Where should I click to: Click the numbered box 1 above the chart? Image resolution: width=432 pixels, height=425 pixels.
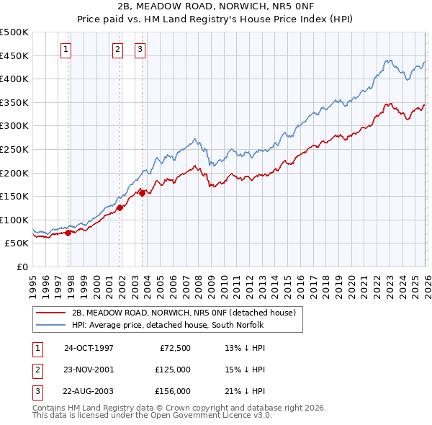click(x=66, y=50)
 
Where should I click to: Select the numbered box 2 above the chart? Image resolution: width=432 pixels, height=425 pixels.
click(x=117, y=50)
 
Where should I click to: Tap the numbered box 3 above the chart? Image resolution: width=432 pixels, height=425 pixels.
click(x=140, y=50)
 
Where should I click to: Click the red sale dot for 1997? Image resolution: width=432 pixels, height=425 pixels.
click(x=68, y=233)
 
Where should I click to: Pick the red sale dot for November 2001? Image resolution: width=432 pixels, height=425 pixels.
click(x=120, y=207)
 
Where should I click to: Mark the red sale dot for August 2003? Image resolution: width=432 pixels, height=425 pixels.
click(x=142, y=193)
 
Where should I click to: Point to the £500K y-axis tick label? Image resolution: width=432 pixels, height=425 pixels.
click(x=14, y=32)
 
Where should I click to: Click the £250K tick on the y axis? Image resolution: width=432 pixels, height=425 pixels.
click(x=14, y=149)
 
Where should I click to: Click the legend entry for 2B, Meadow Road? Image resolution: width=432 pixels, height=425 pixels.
click(x=184, y=313)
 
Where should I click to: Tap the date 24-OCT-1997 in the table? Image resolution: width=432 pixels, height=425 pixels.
click(x=89, y=348)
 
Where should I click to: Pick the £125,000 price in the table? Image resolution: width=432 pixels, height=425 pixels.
click(x=173, y=370)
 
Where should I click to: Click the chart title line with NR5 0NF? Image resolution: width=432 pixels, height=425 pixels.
click(x=216, y=7)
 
